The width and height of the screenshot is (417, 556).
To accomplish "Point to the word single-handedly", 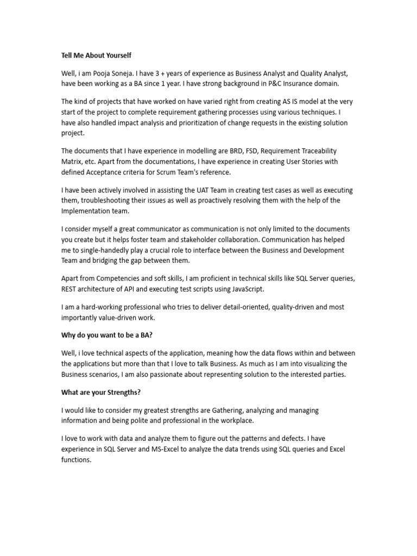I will (x=111, y=250).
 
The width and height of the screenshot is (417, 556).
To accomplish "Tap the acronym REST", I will (x=70, y=288).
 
